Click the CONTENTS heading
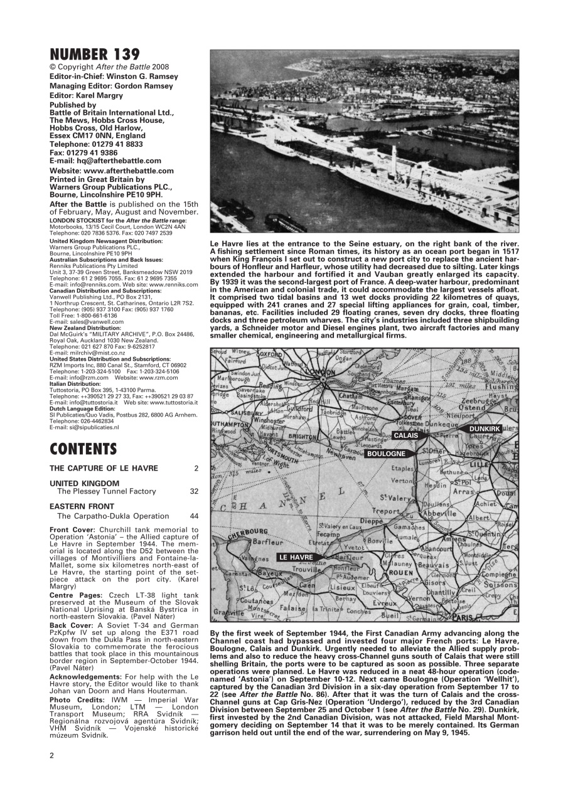point(83,449)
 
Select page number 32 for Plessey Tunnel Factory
point(194,492)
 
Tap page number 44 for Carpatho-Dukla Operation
point(194,516)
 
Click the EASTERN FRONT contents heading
point(82,506)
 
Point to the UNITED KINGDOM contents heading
point(84,483)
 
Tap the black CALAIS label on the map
point(405,435)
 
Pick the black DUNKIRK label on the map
point(485,428)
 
